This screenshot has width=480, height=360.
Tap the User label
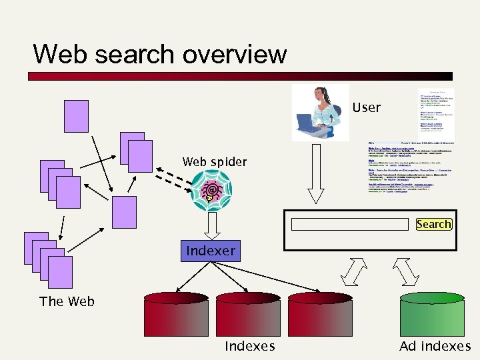coord(366,107)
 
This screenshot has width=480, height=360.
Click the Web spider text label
coord(214,162)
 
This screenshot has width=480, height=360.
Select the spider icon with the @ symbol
coord(212,189)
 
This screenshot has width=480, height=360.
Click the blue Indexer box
coord(211,251)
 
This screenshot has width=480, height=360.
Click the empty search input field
coord(350,224)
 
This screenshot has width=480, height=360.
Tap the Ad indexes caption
coord(435,346)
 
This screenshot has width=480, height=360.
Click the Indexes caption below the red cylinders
coord(249,346)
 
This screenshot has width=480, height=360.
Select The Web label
coord(67,301)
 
